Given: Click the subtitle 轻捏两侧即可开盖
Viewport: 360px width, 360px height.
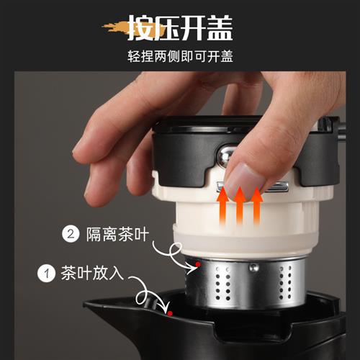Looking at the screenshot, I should click(x=179, y=56).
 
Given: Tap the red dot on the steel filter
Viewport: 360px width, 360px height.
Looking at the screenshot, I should click(x=197, y=266).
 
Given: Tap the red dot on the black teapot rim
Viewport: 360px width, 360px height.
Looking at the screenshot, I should click(x=170, y=312).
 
